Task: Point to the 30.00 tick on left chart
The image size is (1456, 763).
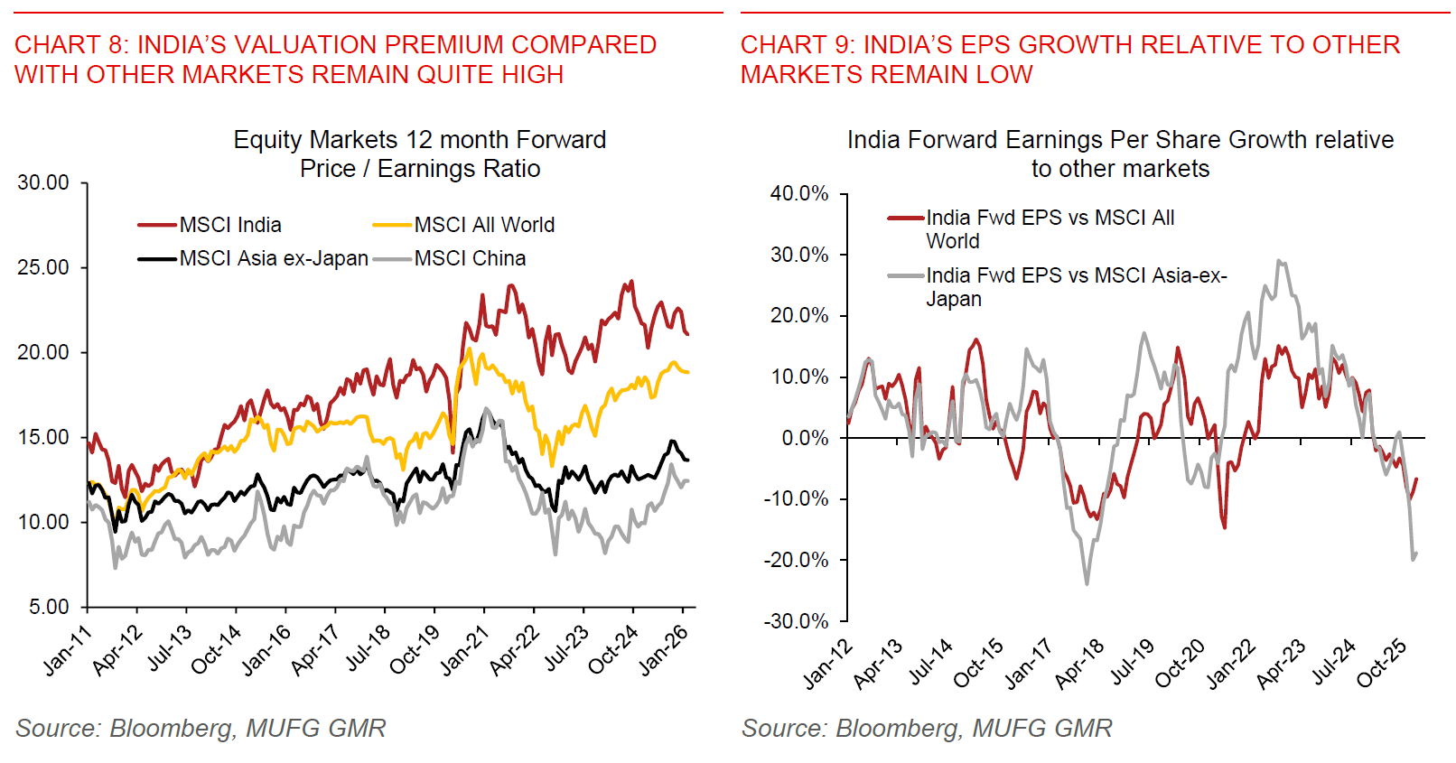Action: (x=43, y=183)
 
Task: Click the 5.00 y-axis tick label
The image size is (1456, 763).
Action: (x=49, y=607)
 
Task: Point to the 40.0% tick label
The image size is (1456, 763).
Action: (x=798, y=193)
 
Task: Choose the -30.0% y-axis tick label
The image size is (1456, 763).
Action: (x=797, y=621)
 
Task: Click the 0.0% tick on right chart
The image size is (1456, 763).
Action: (x=804, y=438)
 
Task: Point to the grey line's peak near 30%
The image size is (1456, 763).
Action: (x=1279, y=261)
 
